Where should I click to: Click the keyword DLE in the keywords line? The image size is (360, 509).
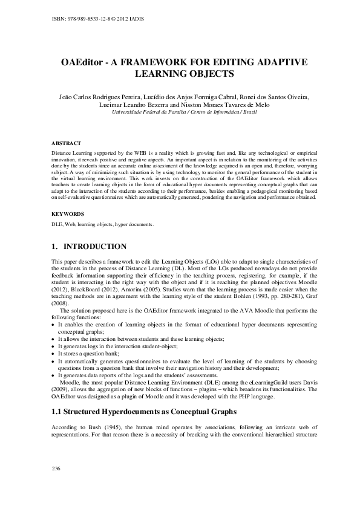point(57,224)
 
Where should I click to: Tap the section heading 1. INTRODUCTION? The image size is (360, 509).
point(89,247)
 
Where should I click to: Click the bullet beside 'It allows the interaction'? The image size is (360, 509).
point(54,339)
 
